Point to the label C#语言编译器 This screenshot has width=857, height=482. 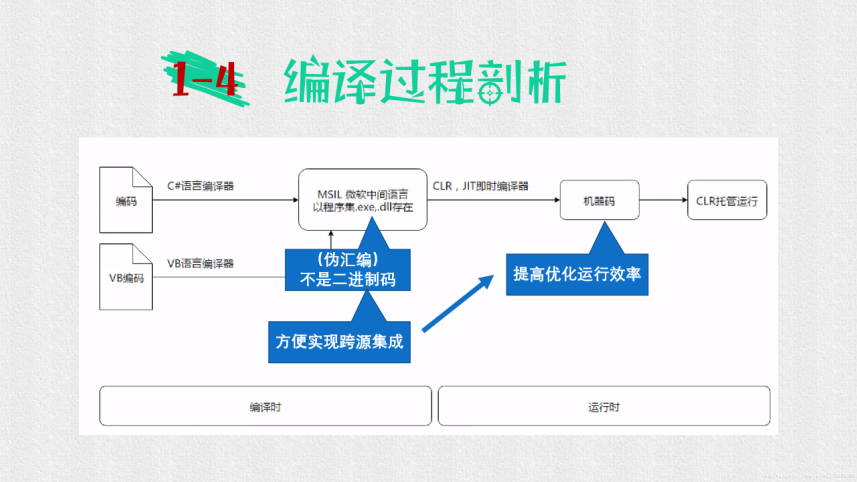[200, 186]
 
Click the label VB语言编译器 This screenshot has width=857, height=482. [200, 263]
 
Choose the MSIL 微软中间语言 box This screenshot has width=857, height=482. [363, 200]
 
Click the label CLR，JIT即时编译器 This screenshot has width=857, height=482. [480, 186]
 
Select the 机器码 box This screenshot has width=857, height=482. [599, 200]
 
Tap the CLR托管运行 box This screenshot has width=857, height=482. [727, 200]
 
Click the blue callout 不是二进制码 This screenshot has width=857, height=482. [347, 270]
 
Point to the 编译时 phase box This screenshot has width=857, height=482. [265, 406]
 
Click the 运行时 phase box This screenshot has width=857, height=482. [604, 406]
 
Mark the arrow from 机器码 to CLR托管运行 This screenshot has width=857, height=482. [663, 200]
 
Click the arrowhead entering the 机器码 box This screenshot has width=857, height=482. [557, 200]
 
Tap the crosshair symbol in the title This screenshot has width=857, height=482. [490, 93]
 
